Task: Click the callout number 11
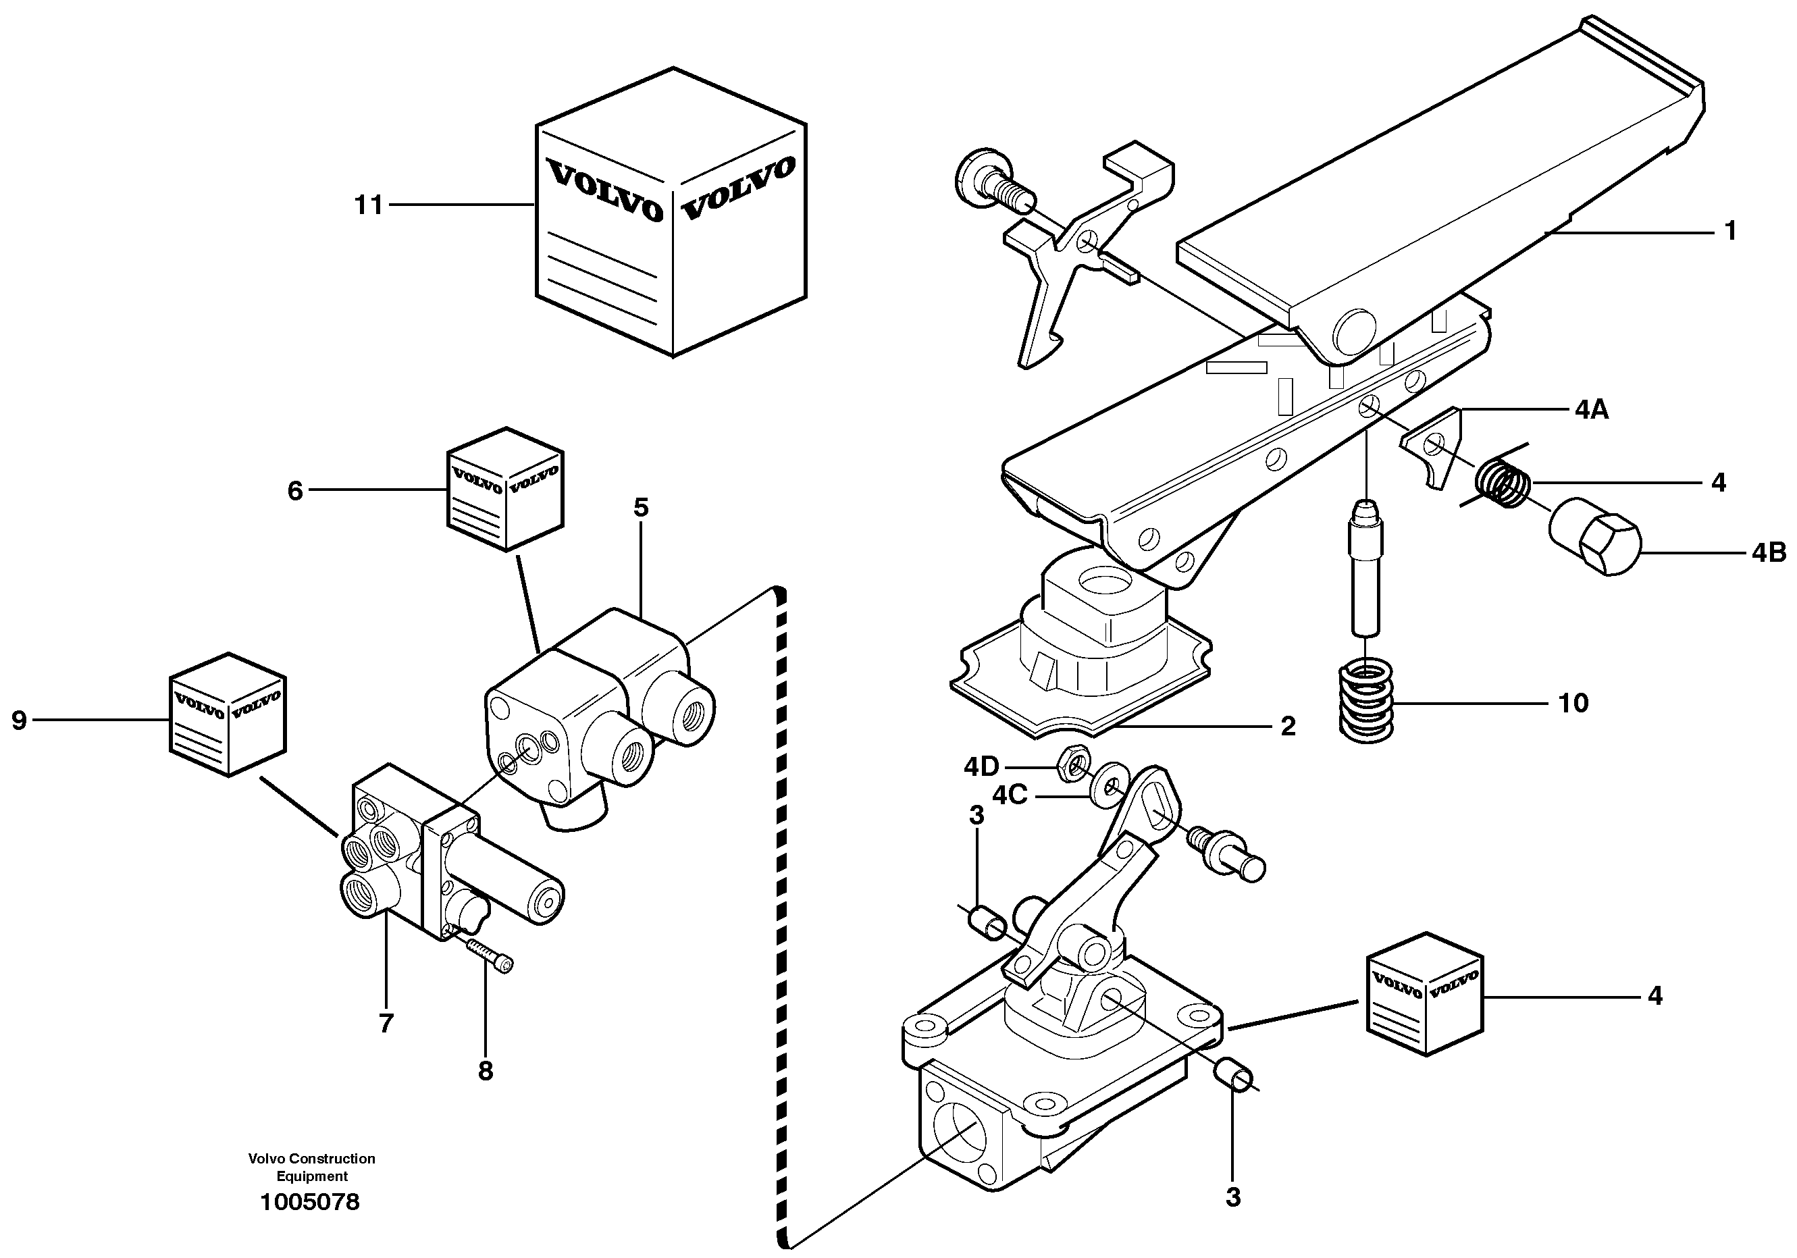(369, 205)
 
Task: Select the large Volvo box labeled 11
(671, 215)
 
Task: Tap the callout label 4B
(1768, 554)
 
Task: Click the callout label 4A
(1591, 409)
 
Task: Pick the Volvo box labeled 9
(227, 714)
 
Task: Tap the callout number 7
(385, 1023)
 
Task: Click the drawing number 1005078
(310, 1202)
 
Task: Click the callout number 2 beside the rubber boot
(1288, 727)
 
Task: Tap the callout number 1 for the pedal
(1730, 231)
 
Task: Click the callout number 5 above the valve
(640, 508)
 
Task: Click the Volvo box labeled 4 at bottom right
(1424, 994)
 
